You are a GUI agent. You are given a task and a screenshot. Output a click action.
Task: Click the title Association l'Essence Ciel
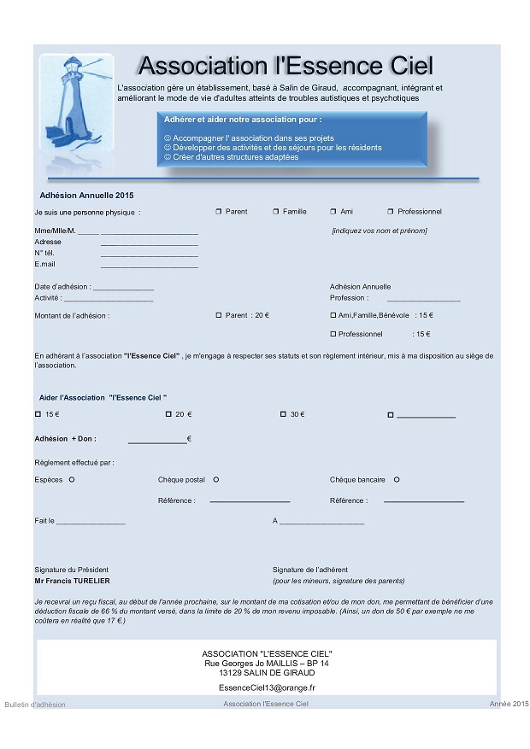(x=286, y=66)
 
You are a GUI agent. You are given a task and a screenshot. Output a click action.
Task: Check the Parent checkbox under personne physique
(x=218, y=212)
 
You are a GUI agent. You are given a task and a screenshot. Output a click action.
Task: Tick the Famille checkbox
(x=275, y=212)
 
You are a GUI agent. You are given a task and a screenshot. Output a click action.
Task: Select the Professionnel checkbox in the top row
(x=390, y=212)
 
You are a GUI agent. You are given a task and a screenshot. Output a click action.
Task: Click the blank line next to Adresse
(x=149, y=244)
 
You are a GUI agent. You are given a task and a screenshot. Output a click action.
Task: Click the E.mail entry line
(x=149, y=266)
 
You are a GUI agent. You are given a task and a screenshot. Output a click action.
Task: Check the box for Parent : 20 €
(x=218, y=315)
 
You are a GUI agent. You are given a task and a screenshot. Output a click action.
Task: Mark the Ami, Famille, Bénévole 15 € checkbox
(x=333, y=315)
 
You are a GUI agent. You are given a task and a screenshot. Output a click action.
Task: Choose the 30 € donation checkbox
(x=283, y=414)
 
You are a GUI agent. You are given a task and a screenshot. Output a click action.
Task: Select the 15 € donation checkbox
(x=38, y=414)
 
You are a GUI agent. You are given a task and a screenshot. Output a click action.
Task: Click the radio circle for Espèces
(x=72, y=480)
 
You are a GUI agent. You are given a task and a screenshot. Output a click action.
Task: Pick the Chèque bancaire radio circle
(x=397, y=480)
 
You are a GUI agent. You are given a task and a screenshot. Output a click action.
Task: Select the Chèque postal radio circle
(x=216, y=480)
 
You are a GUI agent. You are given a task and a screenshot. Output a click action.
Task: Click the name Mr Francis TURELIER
(x=70, y=581)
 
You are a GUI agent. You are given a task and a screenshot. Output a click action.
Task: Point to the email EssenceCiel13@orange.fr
(x=266, y=687)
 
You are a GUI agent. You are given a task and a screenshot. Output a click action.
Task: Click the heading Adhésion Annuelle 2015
(x=87, y=196)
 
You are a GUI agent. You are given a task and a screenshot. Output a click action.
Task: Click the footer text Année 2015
(x=509, y=704)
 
